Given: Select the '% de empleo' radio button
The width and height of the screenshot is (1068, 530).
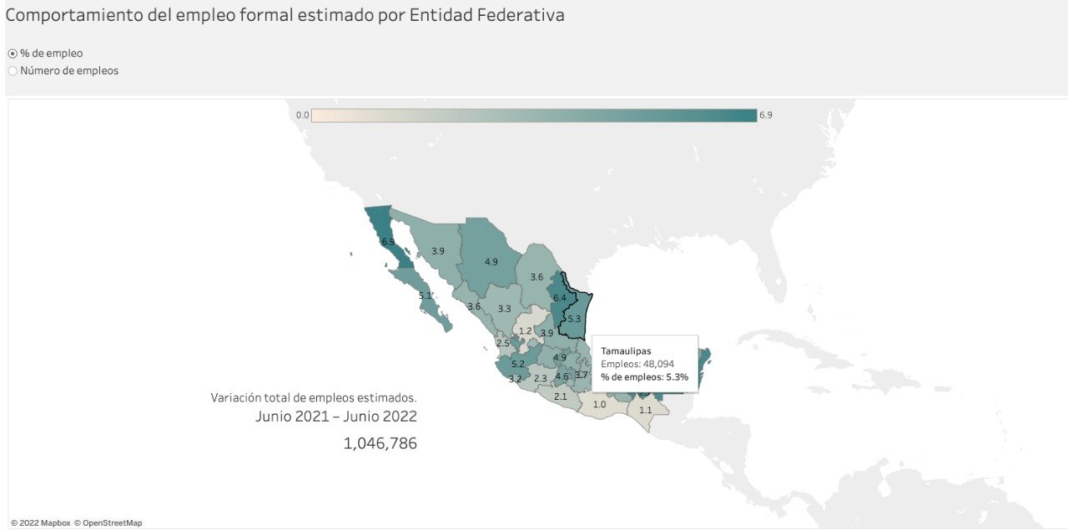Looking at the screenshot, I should point(13,53).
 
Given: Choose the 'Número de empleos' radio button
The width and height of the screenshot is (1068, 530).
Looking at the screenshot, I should point(13,71).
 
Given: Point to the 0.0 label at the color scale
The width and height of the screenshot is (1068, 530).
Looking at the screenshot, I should point(302,115).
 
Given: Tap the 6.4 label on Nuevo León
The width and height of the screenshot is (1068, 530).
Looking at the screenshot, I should point(560,298).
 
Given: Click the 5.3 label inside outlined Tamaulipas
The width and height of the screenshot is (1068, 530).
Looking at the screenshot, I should point(573,319).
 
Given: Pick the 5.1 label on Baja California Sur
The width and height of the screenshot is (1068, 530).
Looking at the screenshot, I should point(426,295).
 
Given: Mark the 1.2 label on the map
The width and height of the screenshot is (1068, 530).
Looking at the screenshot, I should point(525,331).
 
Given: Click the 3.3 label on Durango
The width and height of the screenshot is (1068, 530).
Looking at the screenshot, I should point(504,309).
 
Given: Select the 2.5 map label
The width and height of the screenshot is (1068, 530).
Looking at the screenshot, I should point(503,343).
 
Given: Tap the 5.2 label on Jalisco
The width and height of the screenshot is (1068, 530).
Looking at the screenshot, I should point(518,364).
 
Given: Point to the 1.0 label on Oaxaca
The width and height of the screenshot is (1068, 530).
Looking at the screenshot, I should point(599,405).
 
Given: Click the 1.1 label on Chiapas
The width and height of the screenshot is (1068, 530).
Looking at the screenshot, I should point(645,410).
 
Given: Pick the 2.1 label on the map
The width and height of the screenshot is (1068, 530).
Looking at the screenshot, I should point(561,396).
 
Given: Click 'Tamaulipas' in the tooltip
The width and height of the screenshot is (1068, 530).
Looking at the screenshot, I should point(626,351).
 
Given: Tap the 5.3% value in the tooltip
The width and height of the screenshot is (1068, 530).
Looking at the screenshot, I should point(676,377).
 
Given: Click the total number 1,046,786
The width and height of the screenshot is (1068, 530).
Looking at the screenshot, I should point(380,443).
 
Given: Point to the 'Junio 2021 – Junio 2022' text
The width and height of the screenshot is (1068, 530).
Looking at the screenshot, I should point(336,416).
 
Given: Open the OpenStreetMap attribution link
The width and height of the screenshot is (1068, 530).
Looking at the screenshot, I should point(112,523).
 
